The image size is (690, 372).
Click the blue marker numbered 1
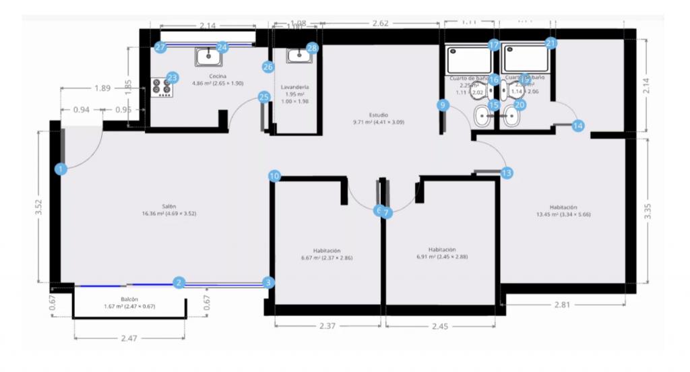tap(61, 169)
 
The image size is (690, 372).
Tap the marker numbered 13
tap(506, 173)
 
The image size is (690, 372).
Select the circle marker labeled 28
tap(312, 48)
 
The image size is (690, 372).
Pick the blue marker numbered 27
tap(160, 47)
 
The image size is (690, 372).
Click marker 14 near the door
tap(578, 125)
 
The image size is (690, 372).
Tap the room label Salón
tap(168, 206)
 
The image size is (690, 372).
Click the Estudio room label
tap(379, 115)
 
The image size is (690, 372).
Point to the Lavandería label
tap(296, 87)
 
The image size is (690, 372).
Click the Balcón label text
tap(129, 299)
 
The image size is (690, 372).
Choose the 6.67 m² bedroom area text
tap(327, 257)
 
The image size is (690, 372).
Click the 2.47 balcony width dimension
tap(129, 338)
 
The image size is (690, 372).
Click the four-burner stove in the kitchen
tap(160, 87)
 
